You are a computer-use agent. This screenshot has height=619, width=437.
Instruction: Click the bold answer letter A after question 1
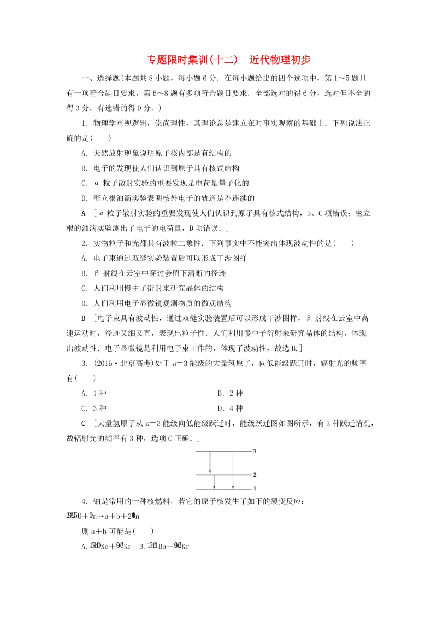coord(84,213)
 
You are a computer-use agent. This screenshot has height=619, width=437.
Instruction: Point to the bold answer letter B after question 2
coord(84,318)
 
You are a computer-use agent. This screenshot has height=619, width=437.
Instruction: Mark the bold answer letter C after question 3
coord(84,423)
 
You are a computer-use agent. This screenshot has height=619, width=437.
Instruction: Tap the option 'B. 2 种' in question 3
coord(229,393)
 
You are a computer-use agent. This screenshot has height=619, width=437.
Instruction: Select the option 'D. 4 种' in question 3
coord(229,408)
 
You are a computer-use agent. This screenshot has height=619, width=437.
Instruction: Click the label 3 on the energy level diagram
coord(255,451)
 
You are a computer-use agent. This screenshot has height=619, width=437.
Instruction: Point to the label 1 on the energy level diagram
coord(255,488)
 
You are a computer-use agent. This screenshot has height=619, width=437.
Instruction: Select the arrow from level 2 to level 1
coord(214,481)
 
